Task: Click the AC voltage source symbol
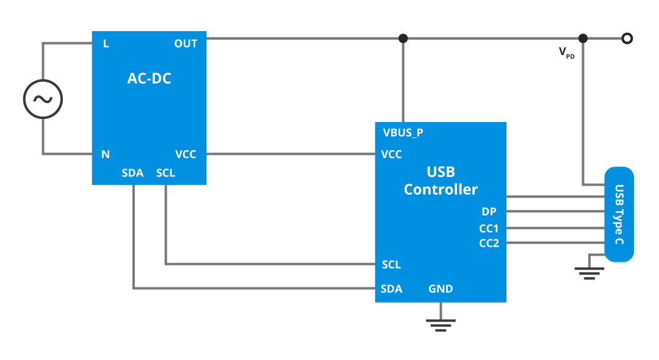pyautogui.click(x=43, y=98)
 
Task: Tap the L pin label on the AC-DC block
pyautogui.click(x=106, y=44)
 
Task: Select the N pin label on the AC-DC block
pyautogui.click(x=106, y=154)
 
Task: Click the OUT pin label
pyautogui.click(x=185, y=44)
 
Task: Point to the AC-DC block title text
pyautogui.click(x=149, y=78)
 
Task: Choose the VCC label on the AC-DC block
pyautogui.click(x=185, y=154)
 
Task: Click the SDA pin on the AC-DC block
pyautogui.click(x=132, y=173)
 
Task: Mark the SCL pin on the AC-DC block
pyautogui.click(x=165, y=173)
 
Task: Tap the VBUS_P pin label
pyautogui.click(x=403, y=132)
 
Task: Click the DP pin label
pyautogui.click(x=489, y=212)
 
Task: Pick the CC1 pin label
pyautogui.click(x=489, y=228)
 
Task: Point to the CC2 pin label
pyautogui.click(x=489, y=243)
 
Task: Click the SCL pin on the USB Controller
pyautogui.click(x=391, y=265)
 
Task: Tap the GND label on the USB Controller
pyautogui.click(x=441, y=289)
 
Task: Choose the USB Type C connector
pyautogui.click(x=619, y=214)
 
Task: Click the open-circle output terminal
pyautogui.click(x=626, y=38)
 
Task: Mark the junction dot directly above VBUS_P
pyautogui.click(x=403, y=38)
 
